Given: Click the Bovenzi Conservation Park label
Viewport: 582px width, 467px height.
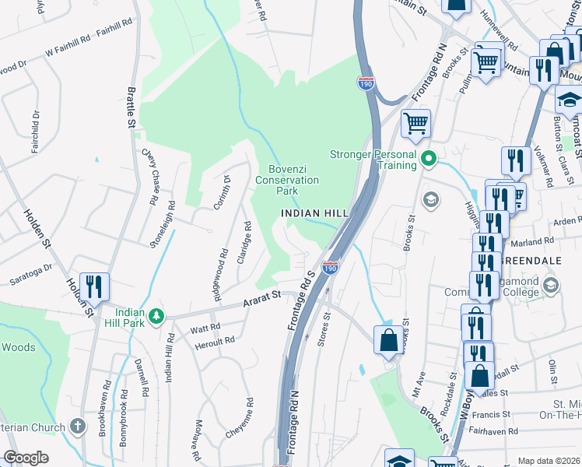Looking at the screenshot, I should (287, 180).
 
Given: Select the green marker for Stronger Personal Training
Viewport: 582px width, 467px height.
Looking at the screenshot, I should (427, 160).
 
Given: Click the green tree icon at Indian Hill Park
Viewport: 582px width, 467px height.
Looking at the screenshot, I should (157, 315).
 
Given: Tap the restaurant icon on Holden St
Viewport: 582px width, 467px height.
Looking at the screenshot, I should (94, 287).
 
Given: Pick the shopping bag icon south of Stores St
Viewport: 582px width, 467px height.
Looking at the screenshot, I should (388, 341).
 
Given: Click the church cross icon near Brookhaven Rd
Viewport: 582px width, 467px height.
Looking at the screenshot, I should (76, 426).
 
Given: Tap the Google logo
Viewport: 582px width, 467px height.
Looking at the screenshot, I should (26, 458).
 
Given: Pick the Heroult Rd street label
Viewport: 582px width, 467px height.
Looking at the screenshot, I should (214, 341).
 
